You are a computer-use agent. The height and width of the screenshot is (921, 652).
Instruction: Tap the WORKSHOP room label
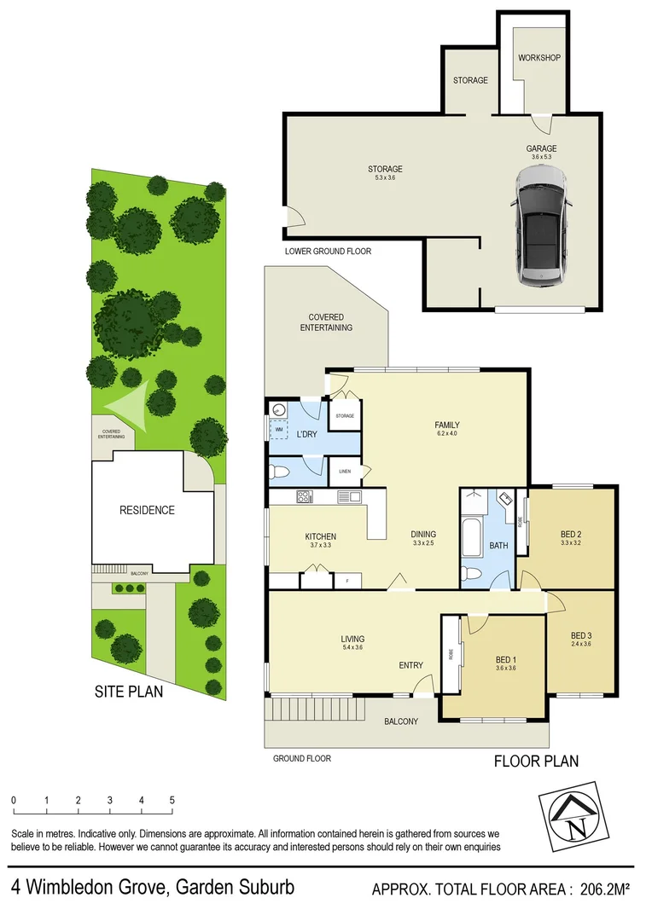(539, 58)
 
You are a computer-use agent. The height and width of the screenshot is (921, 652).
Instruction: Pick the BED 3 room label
(581, 634)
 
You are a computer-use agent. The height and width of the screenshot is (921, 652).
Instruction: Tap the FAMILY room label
(447, 425)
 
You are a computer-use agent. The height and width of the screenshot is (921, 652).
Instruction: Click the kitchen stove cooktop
(305, 496)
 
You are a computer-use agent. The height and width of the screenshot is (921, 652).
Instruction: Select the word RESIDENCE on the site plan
(147, 510)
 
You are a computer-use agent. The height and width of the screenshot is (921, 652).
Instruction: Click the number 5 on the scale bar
(172, 801)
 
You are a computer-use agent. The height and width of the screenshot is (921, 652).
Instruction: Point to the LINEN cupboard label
(345, 471)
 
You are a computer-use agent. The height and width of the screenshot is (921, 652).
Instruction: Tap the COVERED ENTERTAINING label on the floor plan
(324, 322)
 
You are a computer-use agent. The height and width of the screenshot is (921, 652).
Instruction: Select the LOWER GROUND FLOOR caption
(329, 252)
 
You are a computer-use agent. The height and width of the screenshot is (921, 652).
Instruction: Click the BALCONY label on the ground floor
(401, 721)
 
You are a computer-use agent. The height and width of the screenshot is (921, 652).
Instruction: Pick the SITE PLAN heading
(128, 692)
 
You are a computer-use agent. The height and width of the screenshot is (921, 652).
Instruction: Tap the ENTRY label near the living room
(411, 666)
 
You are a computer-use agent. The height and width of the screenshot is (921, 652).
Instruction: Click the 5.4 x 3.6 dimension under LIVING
(352, 648)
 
